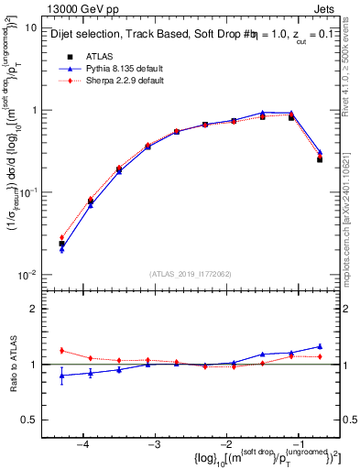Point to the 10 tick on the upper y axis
(31, 27)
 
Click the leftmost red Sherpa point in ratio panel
(61, 351)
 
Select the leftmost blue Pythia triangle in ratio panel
(61, 376)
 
